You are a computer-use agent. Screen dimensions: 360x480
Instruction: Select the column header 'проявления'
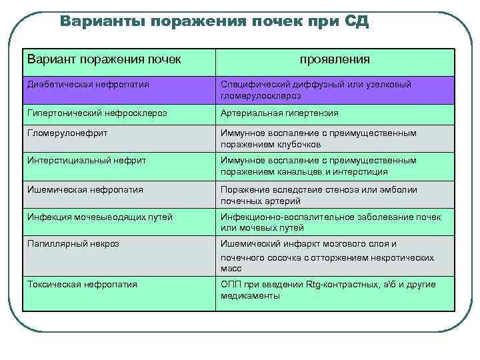point(335,60)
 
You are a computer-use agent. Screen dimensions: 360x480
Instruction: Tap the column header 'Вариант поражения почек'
point(104,59)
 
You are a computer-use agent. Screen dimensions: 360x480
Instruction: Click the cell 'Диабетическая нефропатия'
point(88,85)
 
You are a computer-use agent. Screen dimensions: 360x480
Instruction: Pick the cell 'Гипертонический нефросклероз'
point(97,113)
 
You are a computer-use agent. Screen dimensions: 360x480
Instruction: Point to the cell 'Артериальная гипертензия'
point(279,113)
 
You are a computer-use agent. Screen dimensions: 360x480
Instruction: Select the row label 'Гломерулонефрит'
point(67,133)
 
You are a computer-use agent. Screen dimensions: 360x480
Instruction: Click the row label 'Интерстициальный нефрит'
point(87,161)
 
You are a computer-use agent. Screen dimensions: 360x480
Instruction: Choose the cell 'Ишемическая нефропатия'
point(85,189)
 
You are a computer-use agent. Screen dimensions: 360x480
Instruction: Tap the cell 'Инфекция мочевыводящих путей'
point(99,217)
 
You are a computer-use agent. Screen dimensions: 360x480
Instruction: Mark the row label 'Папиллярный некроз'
point(73,244)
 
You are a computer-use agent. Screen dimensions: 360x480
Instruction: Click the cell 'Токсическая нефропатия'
point(83,285)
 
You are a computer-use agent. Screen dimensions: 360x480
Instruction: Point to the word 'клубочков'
point(300,144)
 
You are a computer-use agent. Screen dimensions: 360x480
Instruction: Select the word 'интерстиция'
point(363,171)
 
